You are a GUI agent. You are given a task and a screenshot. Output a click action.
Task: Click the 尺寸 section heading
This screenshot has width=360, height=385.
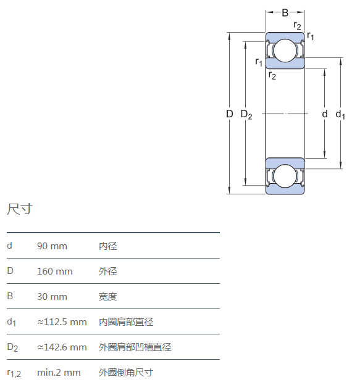click(x=20, y=209)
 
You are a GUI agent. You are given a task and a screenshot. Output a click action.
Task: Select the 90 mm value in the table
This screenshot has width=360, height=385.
click(x=52, y=246)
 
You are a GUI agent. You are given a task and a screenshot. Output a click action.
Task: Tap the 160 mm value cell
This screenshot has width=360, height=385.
click(x=55, y=271)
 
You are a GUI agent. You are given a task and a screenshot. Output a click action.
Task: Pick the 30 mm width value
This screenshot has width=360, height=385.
click(x=52, y=297)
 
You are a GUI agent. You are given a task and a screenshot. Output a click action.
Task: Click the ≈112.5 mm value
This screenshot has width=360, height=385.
click(x=62, y=322)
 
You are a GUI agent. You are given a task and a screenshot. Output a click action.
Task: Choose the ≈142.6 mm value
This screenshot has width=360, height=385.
click(x=62, y=347)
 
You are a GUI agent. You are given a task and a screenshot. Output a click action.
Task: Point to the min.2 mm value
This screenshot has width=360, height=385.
click(x=59, y=373)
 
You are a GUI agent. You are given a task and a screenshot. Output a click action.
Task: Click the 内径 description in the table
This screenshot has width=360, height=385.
click(x=108, y=246)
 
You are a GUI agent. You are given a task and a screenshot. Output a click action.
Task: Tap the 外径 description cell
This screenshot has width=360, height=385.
click(x=108, y=271)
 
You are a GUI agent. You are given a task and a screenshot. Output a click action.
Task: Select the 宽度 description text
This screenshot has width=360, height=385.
click(x=108, y=297)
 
